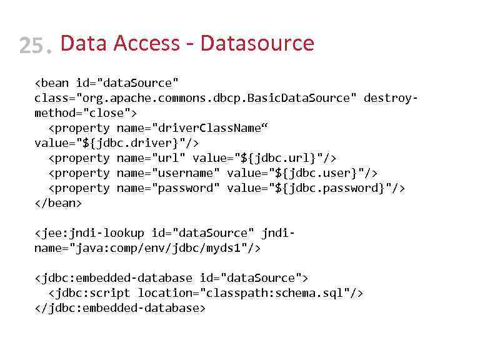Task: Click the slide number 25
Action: (34, 45)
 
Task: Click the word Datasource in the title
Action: (257, 43)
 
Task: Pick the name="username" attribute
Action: (168, 173)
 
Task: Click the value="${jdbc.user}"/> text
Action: (302, 173)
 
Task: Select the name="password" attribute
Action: (168, 188)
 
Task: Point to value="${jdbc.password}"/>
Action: (316, 188)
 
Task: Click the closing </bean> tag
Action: (58, 203)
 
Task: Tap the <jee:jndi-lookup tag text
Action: (89, 233)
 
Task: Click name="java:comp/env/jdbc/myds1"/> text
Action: (147, 248)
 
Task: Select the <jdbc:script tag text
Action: (89, 293)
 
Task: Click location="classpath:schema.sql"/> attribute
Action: (251, 293)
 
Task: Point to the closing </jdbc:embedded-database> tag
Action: (120, 308)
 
